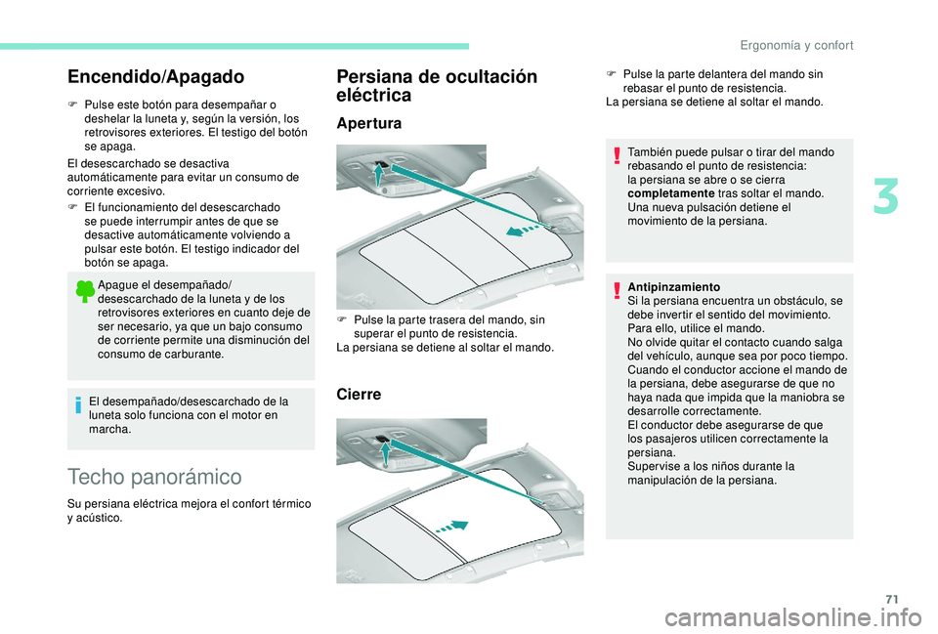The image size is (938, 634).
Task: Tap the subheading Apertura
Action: pyautogui.click(x=369, y=124)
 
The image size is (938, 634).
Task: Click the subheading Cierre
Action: pyautogui.click(x=360, y=395)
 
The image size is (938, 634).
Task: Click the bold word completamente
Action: pyautogui.click(x=667, y=194)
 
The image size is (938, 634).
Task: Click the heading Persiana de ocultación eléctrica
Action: pyautogui.click(x=436, y=86)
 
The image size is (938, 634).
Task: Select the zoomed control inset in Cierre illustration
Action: pyautogui.click(x=375, y=445)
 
